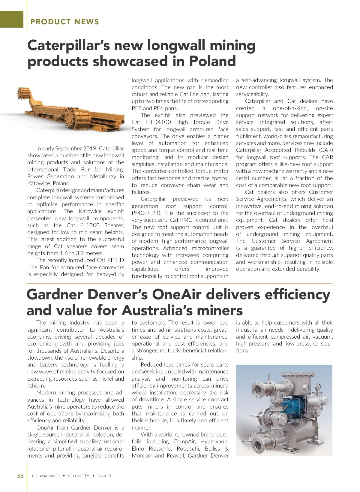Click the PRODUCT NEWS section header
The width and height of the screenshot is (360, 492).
point(64,22)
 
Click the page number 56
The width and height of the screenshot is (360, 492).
point(20,476)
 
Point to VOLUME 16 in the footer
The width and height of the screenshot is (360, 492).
point(79,476)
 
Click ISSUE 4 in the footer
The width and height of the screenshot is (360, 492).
point(104,476)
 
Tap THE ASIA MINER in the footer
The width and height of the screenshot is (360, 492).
point(46,476)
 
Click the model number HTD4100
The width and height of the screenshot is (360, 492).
point(158,122)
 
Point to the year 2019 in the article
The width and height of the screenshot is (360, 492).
point(88,149)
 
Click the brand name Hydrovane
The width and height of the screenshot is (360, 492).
point(214,442)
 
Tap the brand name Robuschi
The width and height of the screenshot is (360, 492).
point(188,449)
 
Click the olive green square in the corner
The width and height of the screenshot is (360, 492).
point(11,19)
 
